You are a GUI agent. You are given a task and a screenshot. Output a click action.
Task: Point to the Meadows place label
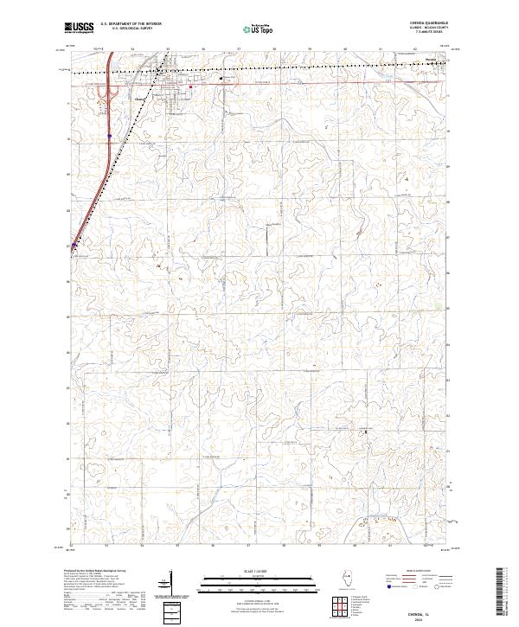click(x=433, y=60)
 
